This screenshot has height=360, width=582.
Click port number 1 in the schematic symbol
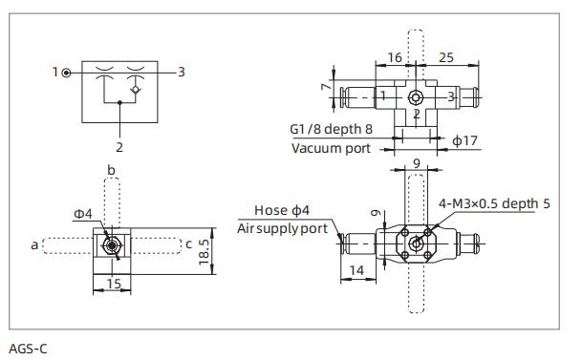tap(55, 72)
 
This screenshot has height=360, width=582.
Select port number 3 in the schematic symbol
tap(182, 72)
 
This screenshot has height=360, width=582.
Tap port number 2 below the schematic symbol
tap(119, 147)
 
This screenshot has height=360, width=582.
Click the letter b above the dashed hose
tap(112, 169)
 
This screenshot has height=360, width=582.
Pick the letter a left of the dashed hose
tap(33, 245)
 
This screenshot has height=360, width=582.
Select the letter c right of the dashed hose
tap(189, 244)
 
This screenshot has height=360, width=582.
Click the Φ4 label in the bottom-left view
tap(84, 214)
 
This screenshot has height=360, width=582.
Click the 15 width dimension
tap(113, 284)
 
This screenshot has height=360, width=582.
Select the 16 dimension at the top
tap(396, 58)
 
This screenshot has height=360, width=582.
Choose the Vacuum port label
tap(330, 148)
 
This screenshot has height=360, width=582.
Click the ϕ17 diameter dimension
tap(464, 141)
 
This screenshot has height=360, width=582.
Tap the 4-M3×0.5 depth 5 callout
tap(494, 202)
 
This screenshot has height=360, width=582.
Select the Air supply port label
tap(283, 228)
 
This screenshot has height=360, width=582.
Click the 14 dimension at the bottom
tap(356, 270)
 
